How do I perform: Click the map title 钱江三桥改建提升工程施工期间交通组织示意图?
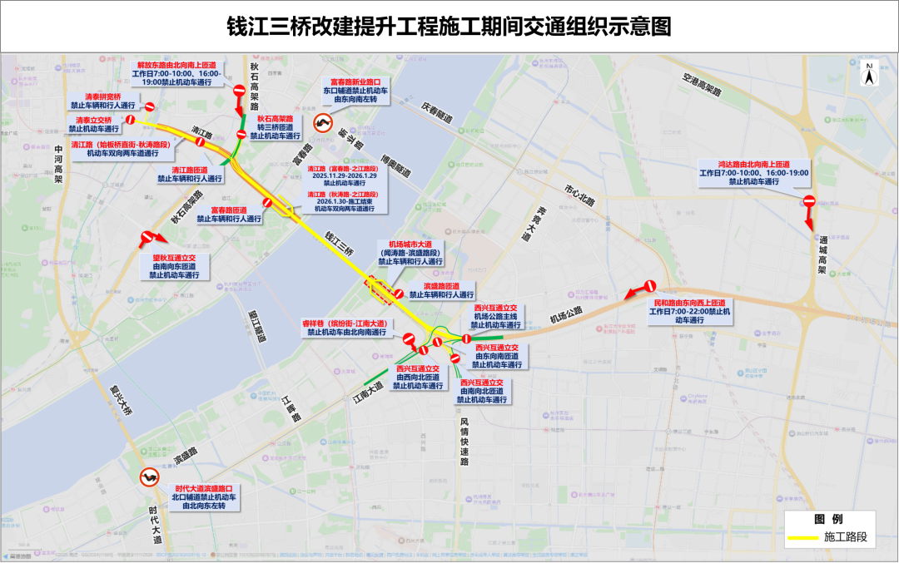tap(449, 27)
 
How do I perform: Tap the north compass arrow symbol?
tap(868, 75)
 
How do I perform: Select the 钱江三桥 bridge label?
tap(340, 240)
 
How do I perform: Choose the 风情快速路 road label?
tap(464, 440)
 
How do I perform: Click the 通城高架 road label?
tap(822, 254)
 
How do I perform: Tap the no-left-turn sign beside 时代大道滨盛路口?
tap(149, 477)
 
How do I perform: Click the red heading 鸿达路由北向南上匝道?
tap(754, 164)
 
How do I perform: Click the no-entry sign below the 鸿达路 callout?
tap(808, 201)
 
